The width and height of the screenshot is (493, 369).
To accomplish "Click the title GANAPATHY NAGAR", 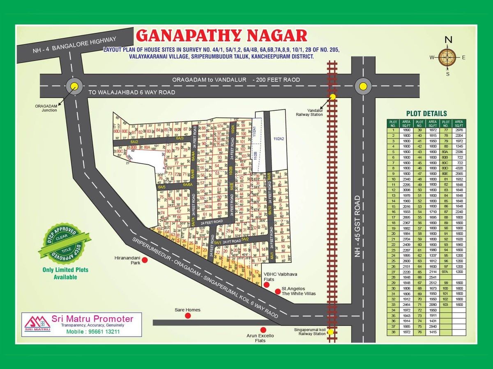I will click(x=221, y=35).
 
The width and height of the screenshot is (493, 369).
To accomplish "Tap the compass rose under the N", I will click(x=447, y=57).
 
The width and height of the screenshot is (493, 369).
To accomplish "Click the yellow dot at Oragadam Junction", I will click(x=74, y=86).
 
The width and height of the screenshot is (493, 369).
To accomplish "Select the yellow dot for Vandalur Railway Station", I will click(x=333, y=97).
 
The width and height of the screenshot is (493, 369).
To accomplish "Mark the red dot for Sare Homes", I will click(x=188, y=315).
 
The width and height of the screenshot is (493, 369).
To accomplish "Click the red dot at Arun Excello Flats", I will click(x=263, y=329).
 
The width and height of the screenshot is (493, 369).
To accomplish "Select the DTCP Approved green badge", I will click(x=63, y=246).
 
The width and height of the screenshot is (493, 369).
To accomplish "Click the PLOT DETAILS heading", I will click(x=426, y=114).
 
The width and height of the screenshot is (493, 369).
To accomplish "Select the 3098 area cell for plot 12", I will click(x=407, y=190).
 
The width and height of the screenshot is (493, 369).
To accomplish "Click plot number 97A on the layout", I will click(x=220, y=126).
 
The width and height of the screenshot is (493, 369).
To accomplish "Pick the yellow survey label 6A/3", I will click(x=180, y=139).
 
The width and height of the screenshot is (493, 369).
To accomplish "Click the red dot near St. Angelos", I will click(x=278, y=292).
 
